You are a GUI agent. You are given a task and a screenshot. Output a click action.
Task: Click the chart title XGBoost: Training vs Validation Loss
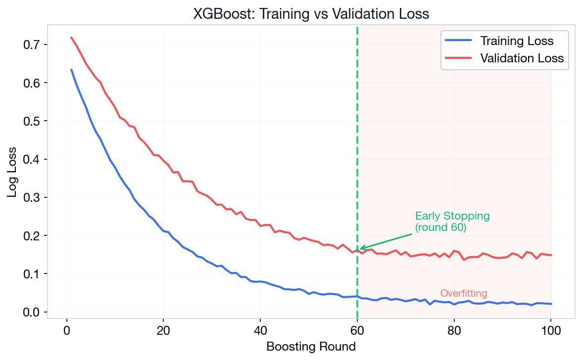tap(311, 14)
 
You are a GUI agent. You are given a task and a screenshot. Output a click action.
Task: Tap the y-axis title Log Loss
tap(12, 172)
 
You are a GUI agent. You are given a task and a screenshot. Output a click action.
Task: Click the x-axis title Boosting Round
tap(311, 347)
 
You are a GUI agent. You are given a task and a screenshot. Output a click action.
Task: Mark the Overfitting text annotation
tap(464, 293)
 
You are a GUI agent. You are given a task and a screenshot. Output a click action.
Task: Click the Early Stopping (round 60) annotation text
tap(452, 222)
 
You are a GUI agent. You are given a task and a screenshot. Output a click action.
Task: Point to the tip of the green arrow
tap(359, 249)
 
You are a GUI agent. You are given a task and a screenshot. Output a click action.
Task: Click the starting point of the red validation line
tap(71, 37)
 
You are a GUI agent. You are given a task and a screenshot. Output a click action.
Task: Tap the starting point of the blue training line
tap(71, 70)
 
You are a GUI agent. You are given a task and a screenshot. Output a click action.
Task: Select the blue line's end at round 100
tap(551, 304)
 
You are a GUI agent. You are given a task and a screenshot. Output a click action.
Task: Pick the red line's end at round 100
tap(551, 255)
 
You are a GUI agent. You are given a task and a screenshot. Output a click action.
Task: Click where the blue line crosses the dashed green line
tap(357, 296)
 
